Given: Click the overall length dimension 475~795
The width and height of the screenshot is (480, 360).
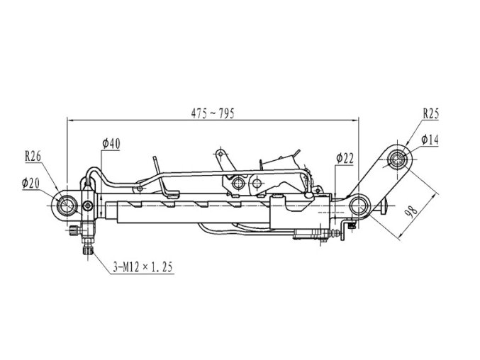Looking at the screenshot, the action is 213,113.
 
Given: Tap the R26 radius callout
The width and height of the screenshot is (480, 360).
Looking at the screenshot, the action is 33,157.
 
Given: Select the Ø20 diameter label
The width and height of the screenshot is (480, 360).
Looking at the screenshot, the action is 30,184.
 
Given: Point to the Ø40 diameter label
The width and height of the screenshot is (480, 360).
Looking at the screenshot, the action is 111,143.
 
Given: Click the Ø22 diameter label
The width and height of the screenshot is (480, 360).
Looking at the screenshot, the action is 345,159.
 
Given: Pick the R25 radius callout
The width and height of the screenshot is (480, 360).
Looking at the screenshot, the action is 430,114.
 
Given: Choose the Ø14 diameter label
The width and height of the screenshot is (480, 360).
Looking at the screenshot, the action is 430,140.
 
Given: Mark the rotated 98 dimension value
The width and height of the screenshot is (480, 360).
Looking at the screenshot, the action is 412,211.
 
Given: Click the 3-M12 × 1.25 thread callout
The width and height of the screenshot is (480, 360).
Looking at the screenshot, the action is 143,267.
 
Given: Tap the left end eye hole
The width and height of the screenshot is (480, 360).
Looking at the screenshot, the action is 65,206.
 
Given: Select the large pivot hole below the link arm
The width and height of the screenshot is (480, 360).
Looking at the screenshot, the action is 358,206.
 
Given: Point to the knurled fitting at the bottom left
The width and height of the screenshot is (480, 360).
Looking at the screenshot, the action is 88,251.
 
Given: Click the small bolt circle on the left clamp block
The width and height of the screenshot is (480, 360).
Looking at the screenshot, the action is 88,206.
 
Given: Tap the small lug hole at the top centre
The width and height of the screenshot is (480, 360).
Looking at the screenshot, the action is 220,153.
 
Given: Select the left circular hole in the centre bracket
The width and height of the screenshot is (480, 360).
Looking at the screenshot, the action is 237,184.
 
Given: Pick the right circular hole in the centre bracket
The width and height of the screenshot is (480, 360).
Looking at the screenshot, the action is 257,184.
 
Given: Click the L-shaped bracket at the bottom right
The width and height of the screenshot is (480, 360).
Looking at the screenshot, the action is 345,230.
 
